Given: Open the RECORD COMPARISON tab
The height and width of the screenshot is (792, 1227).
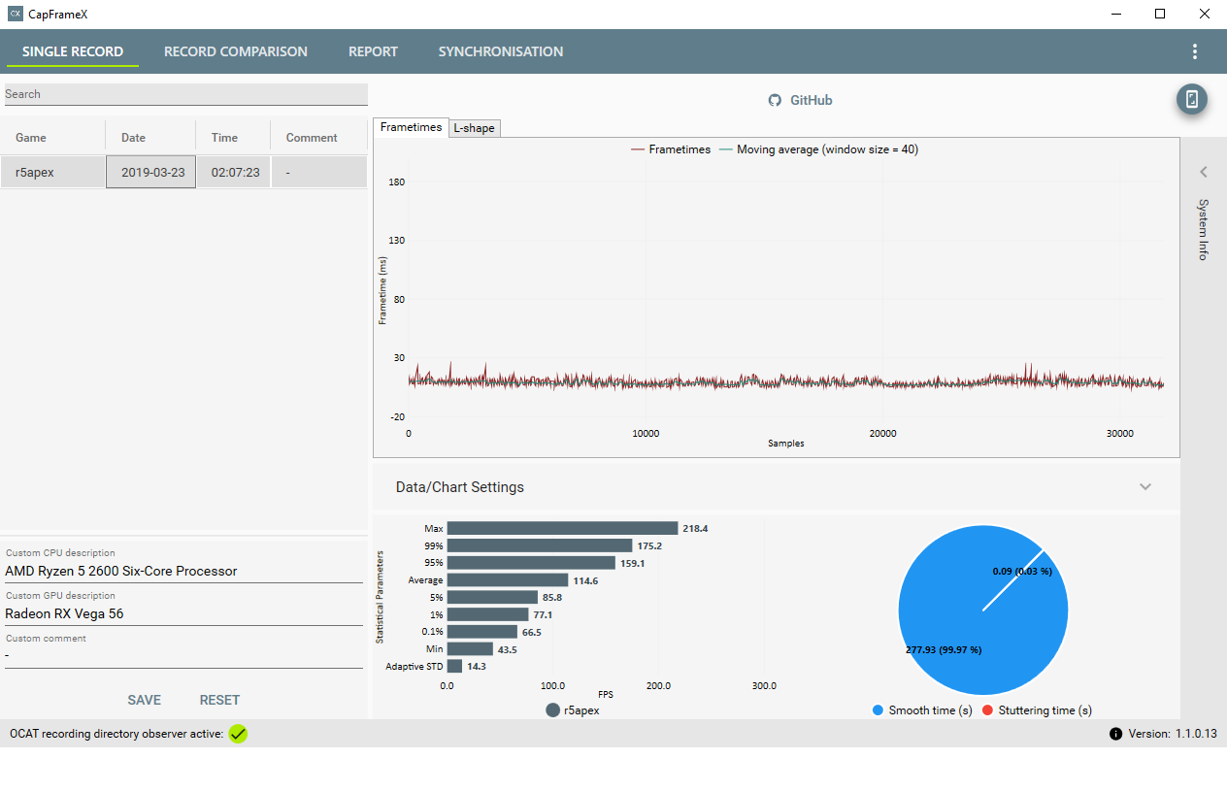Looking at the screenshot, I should click(235, 51).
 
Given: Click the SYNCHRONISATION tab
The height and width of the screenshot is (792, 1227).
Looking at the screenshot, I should click(500, 51).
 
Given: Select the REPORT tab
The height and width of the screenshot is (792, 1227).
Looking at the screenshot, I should click(373, 51).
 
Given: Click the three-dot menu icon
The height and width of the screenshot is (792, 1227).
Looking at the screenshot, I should click(1194, 51).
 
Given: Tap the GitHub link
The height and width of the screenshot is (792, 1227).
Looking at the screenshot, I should click(801, 100).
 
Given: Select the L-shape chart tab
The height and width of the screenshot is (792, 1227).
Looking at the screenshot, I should click(475, 128).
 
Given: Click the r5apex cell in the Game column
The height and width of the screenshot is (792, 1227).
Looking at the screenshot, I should click(34, 172).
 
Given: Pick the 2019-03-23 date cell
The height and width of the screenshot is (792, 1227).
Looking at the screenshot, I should click(152, 172).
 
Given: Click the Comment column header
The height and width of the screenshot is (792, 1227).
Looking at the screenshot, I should click(312, 138).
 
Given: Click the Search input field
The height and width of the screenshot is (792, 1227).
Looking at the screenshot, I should click(184, 94).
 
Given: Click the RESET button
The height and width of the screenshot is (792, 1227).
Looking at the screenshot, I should click(219, 700).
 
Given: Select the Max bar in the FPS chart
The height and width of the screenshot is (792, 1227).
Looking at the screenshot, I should click(562, 528).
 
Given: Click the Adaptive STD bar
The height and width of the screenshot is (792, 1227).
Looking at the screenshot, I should click(454, 667).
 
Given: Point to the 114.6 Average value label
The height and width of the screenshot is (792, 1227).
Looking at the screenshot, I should click(585, 580).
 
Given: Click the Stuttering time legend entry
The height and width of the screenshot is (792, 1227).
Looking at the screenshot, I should click(1037, 710).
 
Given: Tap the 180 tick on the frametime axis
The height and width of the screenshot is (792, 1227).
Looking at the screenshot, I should click(396, 181).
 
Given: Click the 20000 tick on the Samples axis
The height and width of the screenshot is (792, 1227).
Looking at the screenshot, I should click(882, 434).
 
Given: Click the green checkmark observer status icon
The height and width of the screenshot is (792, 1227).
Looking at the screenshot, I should click(238, 734).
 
